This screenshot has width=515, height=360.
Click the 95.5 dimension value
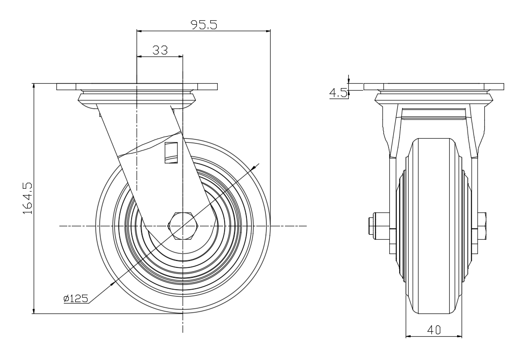pos(204,25)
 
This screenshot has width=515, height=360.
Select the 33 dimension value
pos(160,51)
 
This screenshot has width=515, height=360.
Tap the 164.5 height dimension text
pos(28,198)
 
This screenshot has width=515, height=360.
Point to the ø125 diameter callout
pos(76,299)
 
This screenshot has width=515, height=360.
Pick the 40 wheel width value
pos(434,329)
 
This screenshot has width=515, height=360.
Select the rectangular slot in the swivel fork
pos(171,153)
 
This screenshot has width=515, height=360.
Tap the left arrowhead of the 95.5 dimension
pos(139,31)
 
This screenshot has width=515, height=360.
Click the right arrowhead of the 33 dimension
pos(180,56)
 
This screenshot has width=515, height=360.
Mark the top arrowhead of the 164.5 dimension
pos(34,86)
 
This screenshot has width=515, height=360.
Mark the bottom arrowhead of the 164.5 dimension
pos(34,310)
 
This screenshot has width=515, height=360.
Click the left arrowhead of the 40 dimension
pos(409,336)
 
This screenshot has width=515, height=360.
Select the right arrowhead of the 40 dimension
pos(459,336)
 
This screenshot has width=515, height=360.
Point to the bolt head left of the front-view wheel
pos(371,225)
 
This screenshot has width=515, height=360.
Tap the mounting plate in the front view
pos(137,87)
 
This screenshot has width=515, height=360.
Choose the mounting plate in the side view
pos(433,87)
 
